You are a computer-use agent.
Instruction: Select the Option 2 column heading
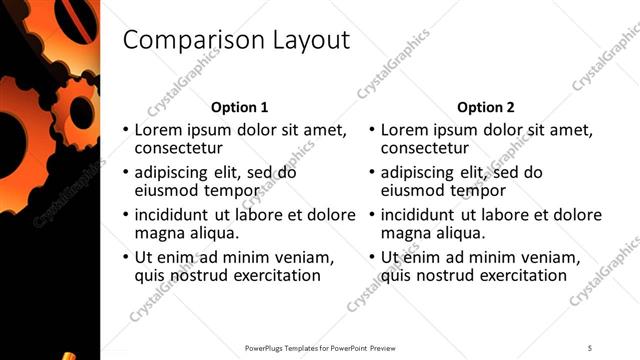click(486, 107)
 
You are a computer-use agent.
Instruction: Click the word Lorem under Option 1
click(158, 130)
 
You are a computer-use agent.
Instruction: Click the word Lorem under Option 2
click(404, 130)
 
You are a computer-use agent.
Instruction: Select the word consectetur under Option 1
click(182, 149)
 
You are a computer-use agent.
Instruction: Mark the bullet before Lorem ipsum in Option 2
click(371, 131)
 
